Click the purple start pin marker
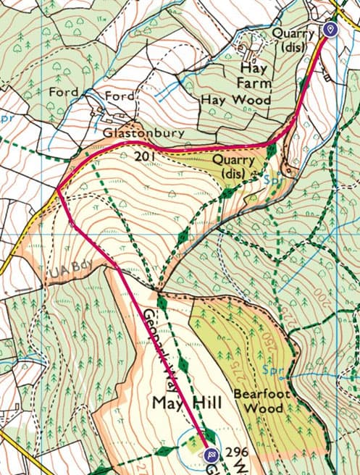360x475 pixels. [330, 29]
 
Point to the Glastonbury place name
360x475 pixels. [144, 135]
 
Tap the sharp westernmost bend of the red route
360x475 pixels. [57, 190]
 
